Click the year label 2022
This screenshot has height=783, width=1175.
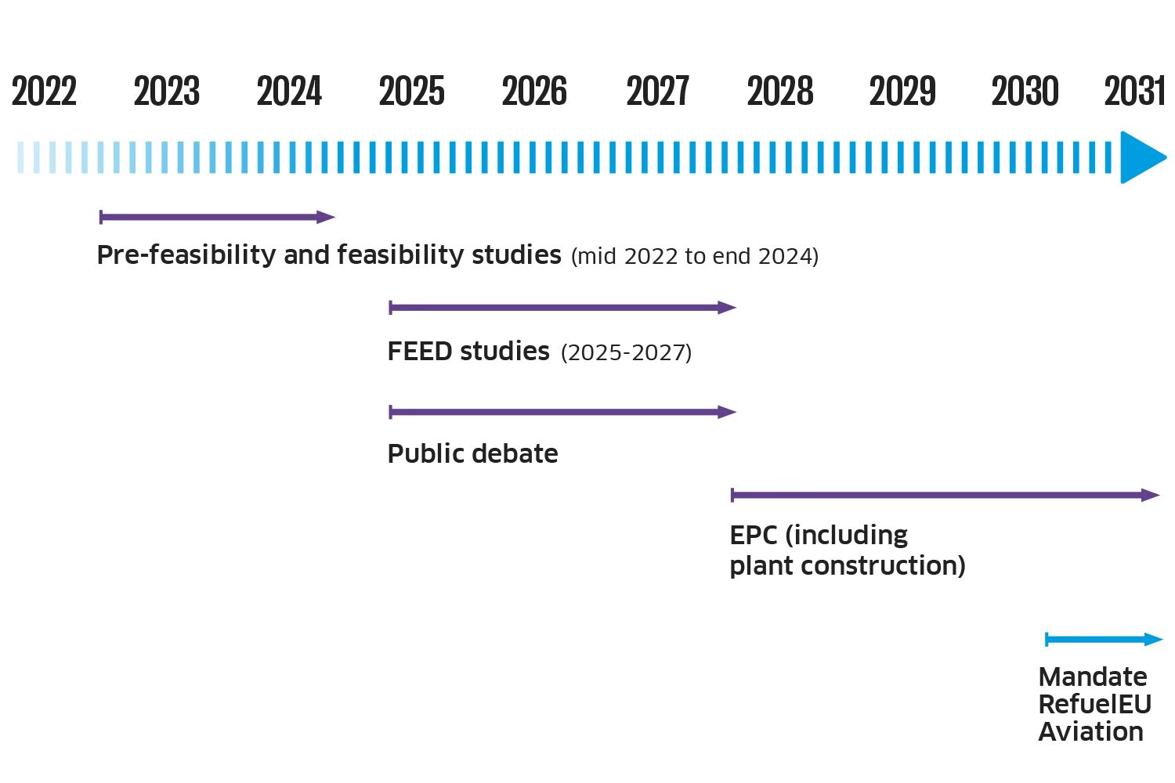[44, 91]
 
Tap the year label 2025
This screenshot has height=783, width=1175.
[412, 91]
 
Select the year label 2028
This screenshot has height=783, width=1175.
[780, 91]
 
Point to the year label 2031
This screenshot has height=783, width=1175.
[1134, 91]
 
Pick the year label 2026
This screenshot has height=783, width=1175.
[534, 91]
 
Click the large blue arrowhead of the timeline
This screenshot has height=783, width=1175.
[1141, 157]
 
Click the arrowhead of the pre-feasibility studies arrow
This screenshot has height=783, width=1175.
[326, 217]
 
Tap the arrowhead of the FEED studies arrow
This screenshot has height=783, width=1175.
[727, 307]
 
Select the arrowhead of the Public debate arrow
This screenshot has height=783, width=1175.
[727, 412]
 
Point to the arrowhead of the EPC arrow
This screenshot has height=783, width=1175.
[1151, 495]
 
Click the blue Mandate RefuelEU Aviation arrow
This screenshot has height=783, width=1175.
[1104, 639]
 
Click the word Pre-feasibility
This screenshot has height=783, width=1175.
[186, 255]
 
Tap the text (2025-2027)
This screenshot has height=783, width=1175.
[627, 352]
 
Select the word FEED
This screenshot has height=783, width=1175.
[420, 352]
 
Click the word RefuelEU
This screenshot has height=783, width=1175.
[1095, 705]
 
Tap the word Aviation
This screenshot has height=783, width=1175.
[1091, 731]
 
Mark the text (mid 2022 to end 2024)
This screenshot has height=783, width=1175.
[695, 257]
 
